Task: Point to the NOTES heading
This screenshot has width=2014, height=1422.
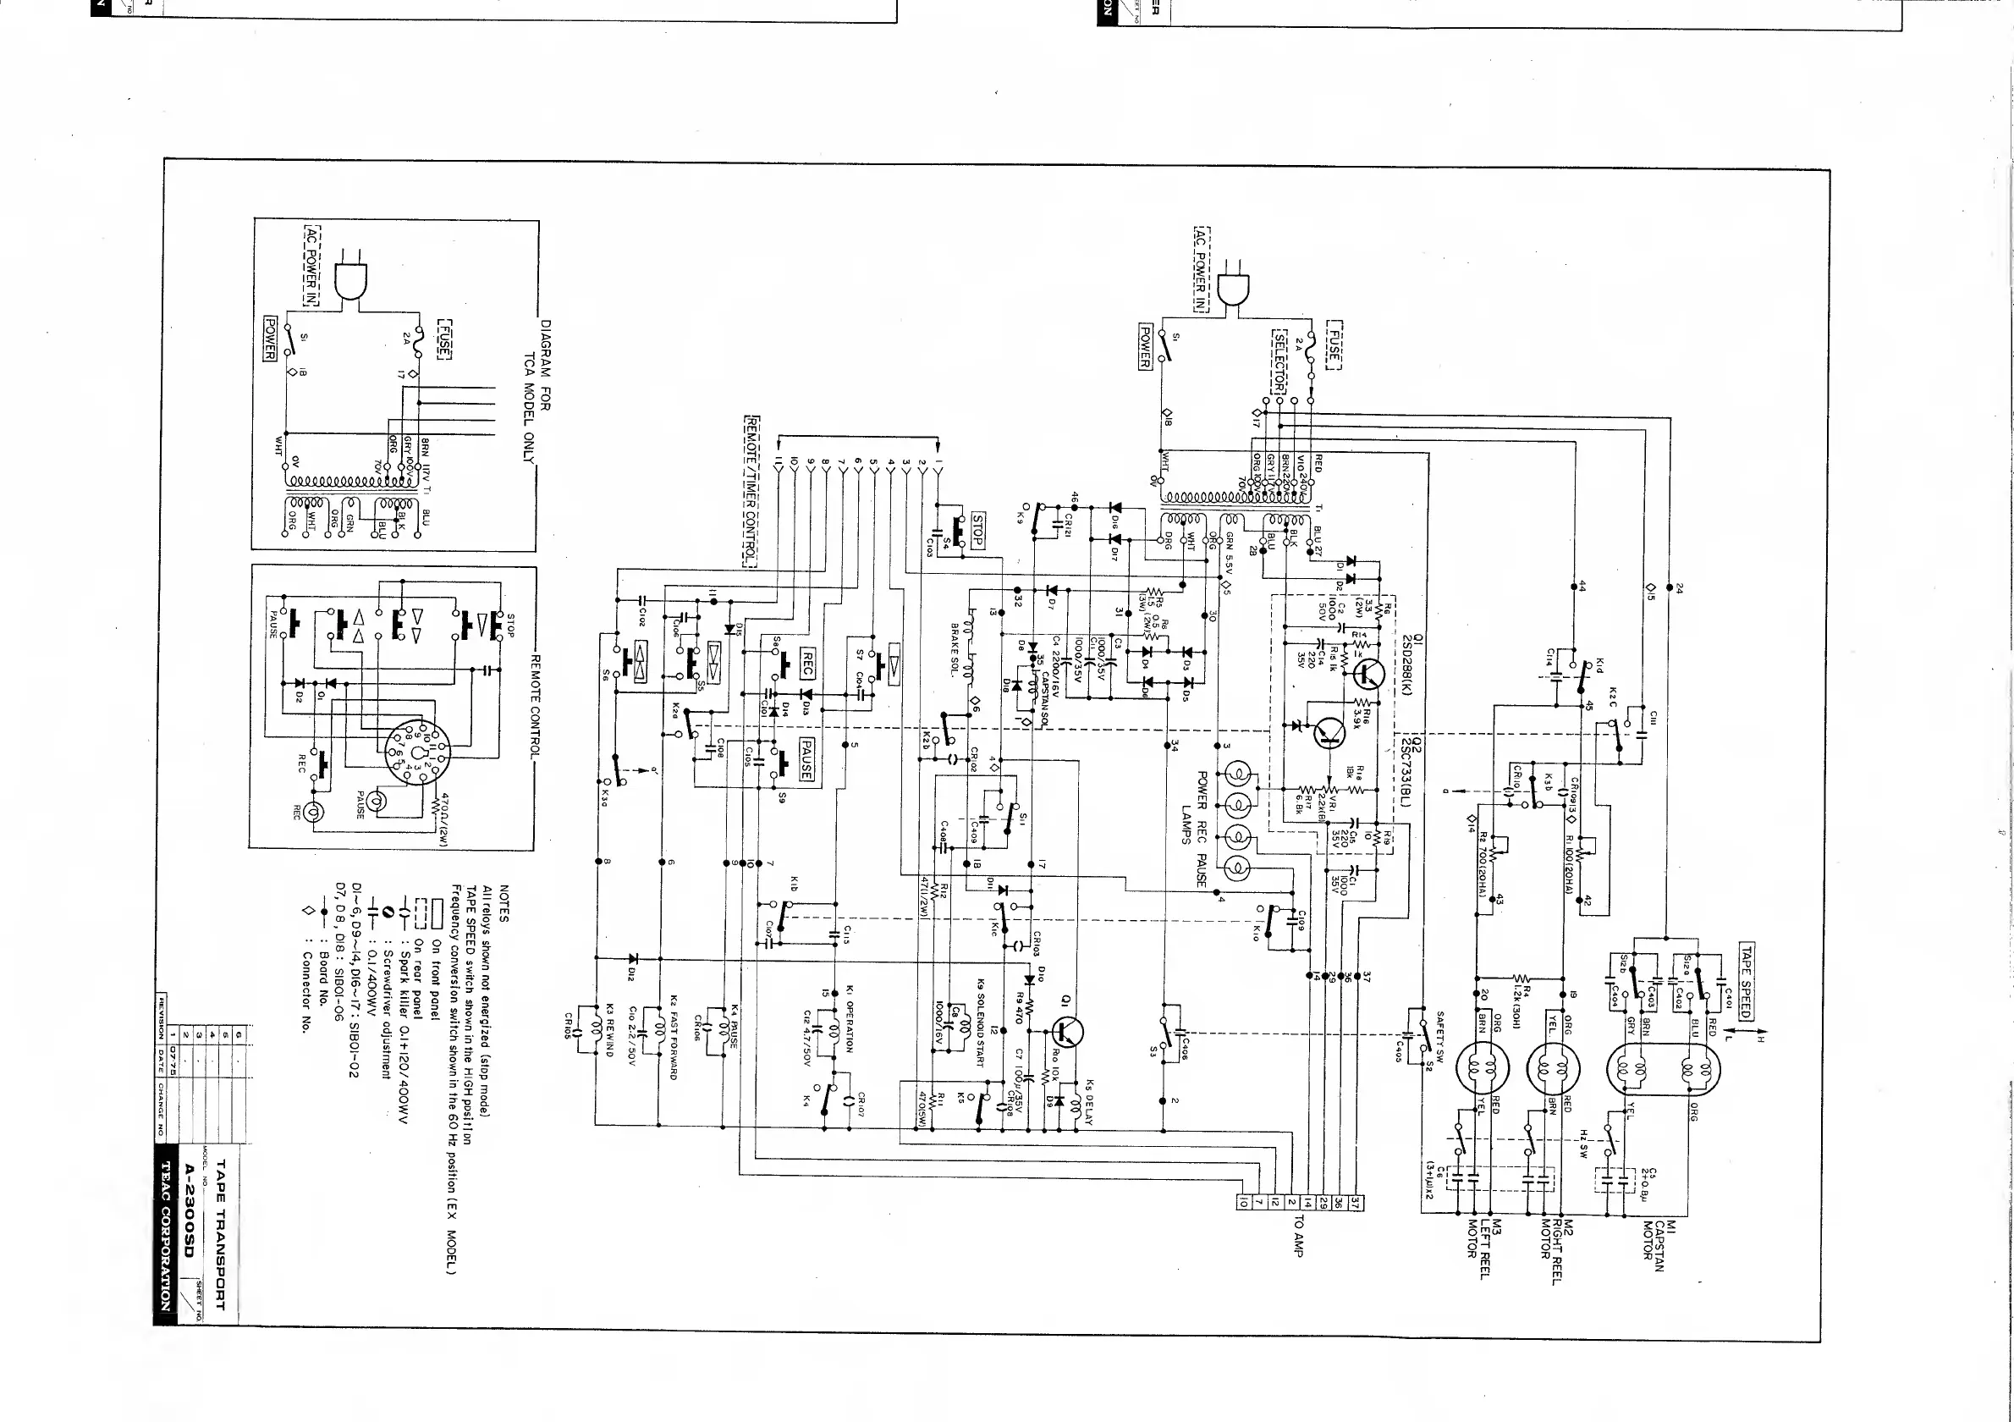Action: [x=503, y=902]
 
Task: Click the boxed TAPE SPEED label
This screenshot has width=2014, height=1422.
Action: [x=1746, y=983]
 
